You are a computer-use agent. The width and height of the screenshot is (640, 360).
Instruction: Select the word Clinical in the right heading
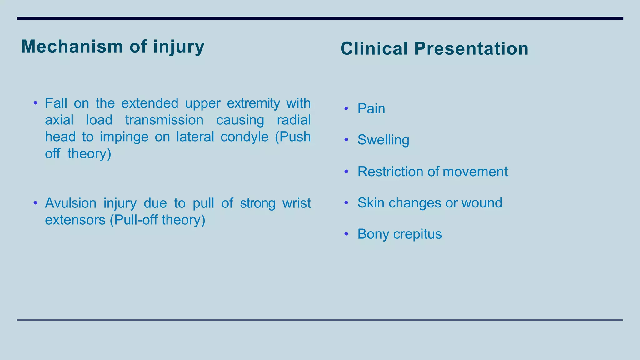tap(374, 49)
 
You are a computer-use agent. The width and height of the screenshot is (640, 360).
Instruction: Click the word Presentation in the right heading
tap(471, 49)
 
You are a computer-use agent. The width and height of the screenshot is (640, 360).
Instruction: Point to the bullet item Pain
tap(371, 109)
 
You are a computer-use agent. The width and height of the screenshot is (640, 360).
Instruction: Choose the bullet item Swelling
tap(383, 140)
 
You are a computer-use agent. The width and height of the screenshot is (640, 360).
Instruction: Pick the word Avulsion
tap(71, 203)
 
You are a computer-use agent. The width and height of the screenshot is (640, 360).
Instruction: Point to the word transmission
tap(164, 120)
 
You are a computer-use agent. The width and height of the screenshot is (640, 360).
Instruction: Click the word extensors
tap(75, 220)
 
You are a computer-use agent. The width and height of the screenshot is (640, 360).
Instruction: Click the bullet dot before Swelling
tap(346, 140)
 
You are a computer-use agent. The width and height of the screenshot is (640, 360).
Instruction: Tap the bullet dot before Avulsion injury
tap(35, 203)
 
